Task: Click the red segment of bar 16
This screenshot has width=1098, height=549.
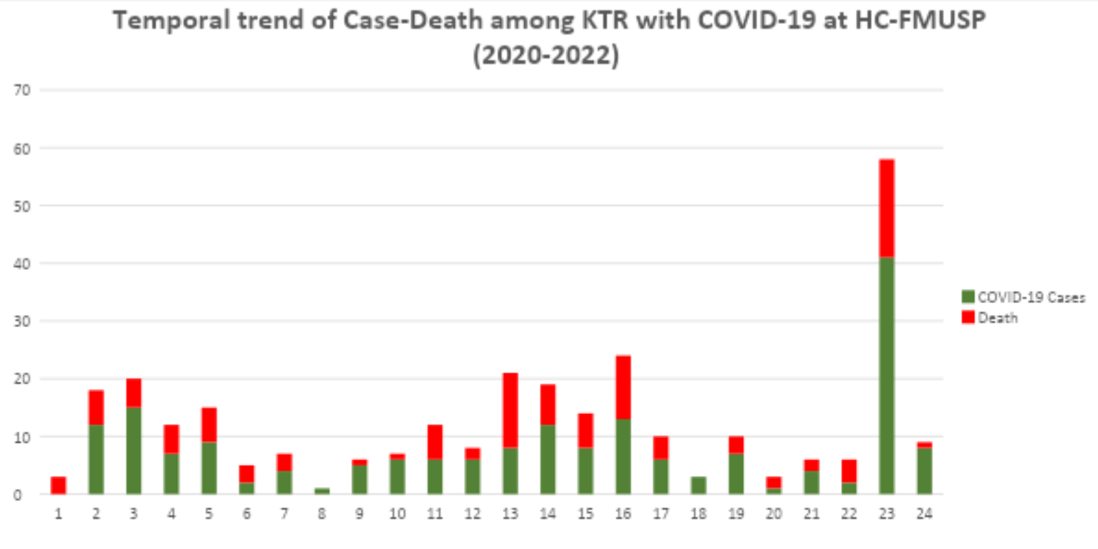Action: click(x=623, y=387)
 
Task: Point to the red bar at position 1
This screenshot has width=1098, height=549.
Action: click(x=58, y=485)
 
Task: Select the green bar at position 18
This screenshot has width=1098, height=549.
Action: click(x=699, y=485)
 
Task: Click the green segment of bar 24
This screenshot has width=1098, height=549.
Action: click(x=924, y=470)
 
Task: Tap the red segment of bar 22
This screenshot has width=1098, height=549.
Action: click(x=849, y=470)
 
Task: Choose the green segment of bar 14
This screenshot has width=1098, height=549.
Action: click(x=548, y=459)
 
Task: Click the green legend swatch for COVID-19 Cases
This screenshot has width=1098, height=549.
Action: click(x=968, y=297)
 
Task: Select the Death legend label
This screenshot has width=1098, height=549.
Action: click(x=998, y=318)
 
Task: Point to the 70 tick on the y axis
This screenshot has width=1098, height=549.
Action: click(x=24, y=90)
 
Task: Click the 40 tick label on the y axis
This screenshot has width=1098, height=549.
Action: click(x=24, y=263)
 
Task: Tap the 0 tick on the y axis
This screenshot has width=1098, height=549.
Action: click(x=28, y=494)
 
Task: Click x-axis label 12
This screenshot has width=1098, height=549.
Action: click(x=472, y=513)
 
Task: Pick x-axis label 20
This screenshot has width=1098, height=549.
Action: click(x=774, y=513)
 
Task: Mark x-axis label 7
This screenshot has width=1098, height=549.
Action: click(x=285, y=513)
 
